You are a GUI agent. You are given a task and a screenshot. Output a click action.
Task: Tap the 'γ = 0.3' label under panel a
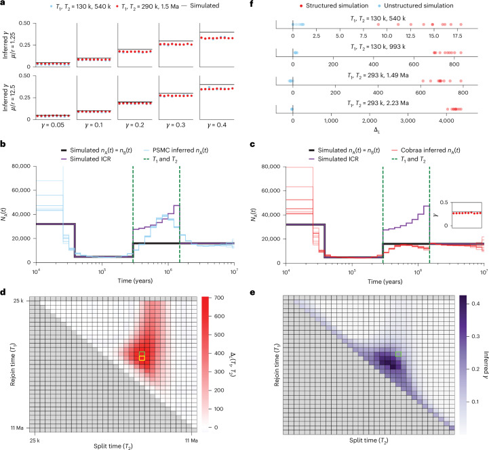[x=176, y=125]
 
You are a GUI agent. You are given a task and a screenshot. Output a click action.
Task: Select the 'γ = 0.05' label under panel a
[x=53, y=125]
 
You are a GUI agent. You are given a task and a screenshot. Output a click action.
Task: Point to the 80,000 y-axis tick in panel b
[x=21, y=166]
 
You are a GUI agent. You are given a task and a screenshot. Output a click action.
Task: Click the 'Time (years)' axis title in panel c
[x=385, y=282]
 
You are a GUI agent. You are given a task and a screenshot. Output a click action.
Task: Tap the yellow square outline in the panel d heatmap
[x=142, y=359]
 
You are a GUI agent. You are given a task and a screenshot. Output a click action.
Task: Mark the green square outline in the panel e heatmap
[x=398, y=354]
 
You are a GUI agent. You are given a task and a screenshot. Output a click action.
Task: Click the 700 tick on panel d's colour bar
[x=219, y=298]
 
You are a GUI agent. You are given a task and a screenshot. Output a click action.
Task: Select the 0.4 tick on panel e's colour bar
[x=475, y=304]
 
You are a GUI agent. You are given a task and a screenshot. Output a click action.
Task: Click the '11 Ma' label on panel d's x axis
[x=191, y=441]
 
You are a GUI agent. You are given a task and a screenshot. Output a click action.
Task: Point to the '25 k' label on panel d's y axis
[x=18, y=301]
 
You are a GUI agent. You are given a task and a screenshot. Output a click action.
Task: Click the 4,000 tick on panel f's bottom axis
[x=446, y=121]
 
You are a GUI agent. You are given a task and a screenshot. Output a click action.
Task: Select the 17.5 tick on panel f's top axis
[x=458, y=36]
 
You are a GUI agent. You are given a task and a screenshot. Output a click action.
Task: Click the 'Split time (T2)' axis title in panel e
[x=369, y=441]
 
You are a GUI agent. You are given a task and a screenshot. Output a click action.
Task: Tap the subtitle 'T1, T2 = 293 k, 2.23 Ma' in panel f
[x=378, y=103]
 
